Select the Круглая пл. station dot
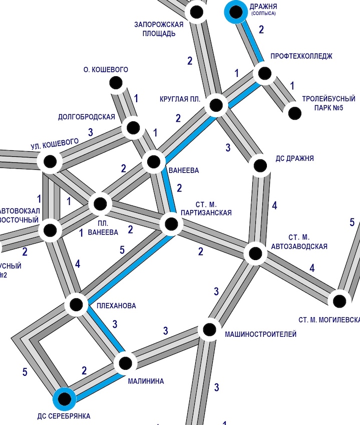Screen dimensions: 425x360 216,105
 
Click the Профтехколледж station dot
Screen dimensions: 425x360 263,74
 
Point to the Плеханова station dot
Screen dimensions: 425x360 77,304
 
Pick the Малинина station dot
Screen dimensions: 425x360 125,362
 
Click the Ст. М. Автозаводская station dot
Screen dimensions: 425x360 256,253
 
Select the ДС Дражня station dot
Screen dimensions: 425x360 260,164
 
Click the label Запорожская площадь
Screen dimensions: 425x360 159,29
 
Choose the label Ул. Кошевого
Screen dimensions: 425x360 55,144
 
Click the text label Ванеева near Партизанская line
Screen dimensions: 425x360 184,170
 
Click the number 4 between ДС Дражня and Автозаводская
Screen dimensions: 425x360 274,205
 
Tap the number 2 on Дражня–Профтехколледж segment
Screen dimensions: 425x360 261,29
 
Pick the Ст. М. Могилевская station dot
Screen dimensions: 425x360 339,301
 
